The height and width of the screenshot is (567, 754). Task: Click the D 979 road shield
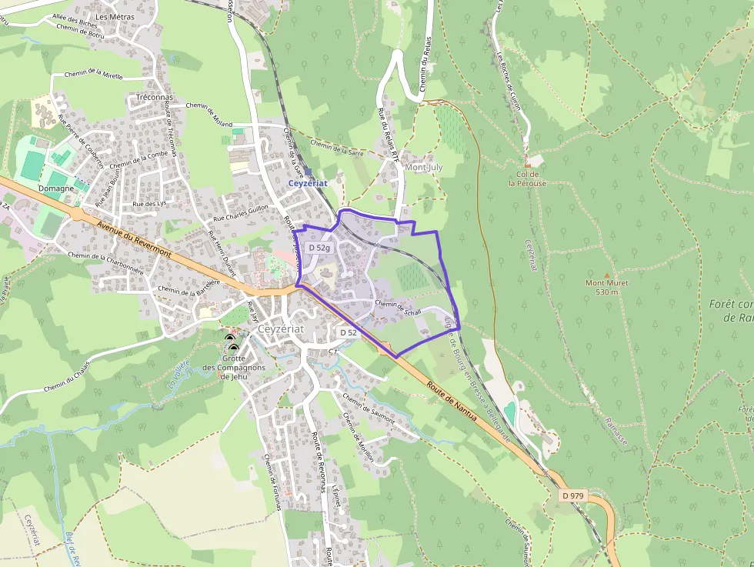[573, 496]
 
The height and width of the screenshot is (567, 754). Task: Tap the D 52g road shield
[319, 248]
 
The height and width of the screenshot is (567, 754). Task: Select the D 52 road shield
[348, 332]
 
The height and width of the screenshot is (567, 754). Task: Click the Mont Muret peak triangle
[606, 275]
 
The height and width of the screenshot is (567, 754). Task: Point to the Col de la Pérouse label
[527, 179]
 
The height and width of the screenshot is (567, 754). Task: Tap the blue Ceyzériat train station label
[308, 183]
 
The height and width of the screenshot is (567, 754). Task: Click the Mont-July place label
[423, 167]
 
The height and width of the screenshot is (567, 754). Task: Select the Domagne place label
[55, 188]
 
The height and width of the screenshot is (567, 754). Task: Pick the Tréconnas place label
[154, 98]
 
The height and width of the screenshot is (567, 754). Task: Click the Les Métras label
[115, 16]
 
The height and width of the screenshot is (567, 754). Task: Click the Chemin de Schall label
[398, 308]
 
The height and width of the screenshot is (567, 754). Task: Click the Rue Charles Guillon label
[241, 213]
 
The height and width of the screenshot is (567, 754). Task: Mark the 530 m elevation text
[607, 292]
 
